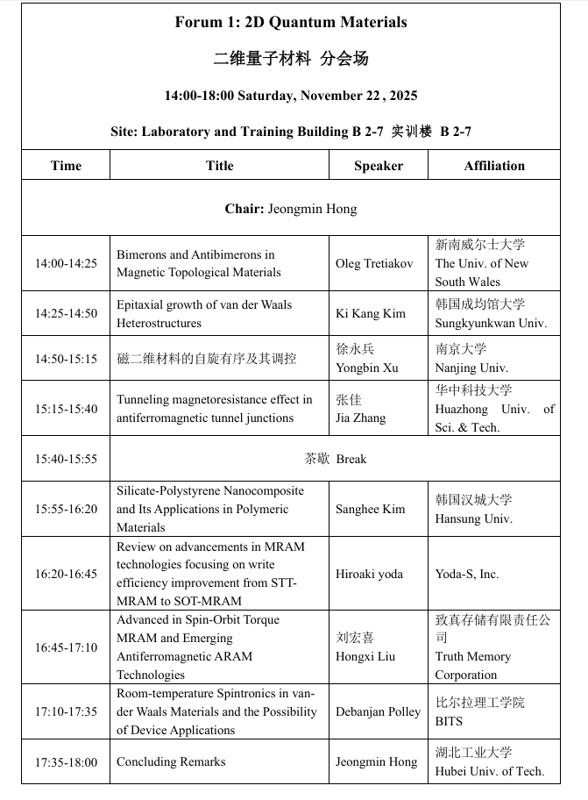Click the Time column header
[66, 166]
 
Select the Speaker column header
[379, 166]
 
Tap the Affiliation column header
[494, 166]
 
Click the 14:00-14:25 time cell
[66, 263]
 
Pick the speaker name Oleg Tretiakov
[374, 263]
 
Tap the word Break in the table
[351, 459]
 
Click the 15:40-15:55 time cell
[66, 459]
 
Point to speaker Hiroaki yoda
[369, 574]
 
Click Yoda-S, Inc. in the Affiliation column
[467, 574]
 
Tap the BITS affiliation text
[449, 721]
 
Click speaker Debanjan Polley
[378, 711]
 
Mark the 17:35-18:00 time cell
[66, 762]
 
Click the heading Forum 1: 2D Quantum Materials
[291, 23]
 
